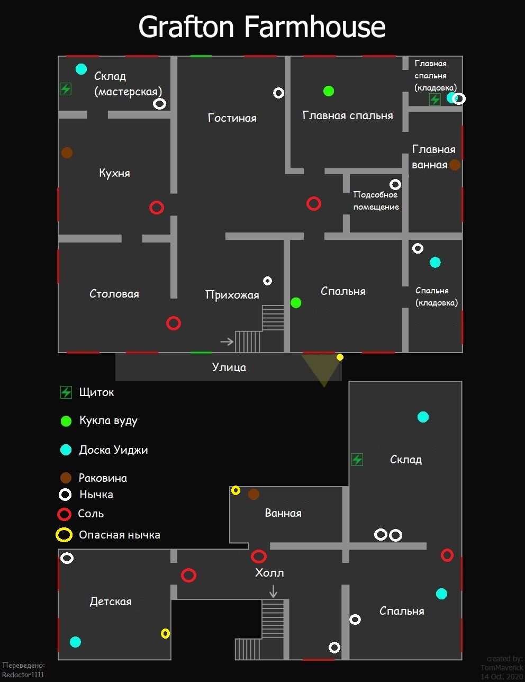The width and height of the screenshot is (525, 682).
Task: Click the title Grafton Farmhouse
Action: coord(262,26)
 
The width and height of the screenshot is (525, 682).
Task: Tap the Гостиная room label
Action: coord(232,118)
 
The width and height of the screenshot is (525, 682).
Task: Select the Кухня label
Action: coord(114,173)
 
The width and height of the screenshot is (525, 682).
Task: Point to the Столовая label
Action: coord(114,294)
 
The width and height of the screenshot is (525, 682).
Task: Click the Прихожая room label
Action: coord(232,295)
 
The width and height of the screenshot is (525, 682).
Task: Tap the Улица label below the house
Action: coord(229,367)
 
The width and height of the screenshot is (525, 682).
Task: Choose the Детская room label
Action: coord(111,602)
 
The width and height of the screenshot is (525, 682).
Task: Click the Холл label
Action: coord(269,572)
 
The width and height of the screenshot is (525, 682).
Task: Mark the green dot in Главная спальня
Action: coord(329,91)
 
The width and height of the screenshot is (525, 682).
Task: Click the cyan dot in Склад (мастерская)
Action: coord(81,69)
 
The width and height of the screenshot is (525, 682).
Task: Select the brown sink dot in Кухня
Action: coord(67,153)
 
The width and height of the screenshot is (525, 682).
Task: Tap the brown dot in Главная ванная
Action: coord(455,165)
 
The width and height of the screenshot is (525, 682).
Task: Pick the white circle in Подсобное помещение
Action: coord(395,184)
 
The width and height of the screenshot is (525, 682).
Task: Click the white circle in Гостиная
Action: coord(278,93)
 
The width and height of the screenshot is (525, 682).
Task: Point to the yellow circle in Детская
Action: coord(165,633)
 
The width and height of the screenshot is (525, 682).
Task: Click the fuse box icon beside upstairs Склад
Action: coord(357,460)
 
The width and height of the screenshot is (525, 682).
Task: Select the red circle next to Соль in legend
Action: coord(64,514)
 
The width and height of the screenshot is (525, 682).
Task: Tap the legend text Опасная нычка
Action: coord(119,535)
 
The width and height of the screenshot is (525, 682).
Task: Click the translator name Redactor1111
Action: coord(23,675)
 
